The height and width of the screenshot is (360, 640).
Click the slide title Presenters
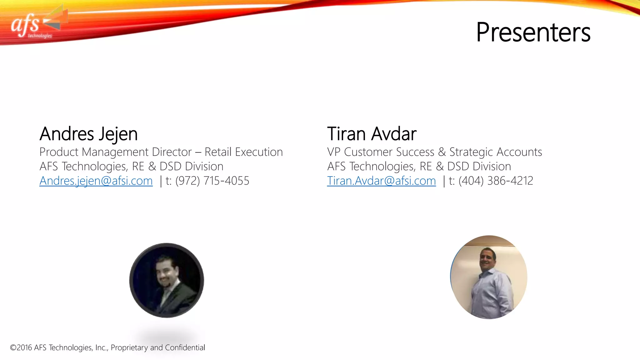(533, 32)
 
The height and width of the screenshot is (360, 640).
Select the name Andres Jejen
(88, 134)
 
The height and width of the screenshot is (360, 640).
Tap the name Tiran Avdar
(372, 134)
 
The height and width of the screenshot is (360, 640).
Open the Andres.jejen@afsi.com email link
(96, 181)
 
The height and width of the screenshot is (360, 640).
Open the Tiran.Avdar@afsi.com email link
(381, 181)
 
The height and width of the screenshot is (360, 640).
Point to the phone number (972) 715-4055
(212, 181)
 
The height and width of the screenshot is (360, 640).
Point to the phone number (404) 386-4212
(496, 181)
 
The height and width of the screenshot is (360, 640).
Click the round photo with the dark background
(167, 280)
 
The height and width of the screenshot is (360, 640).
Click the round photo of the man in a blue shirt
(489, 277)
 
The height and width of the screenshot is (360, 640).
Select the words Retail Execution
(243, 152)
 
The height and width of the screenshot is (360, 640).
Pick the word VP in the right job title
(334, 152)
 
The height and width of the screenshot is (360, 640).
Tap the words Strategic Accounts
(496, 152)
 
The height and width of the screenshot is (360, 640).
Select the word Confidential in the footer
(185, 348)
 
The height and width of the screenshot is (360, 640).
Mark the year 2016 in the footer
(24, 348)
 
